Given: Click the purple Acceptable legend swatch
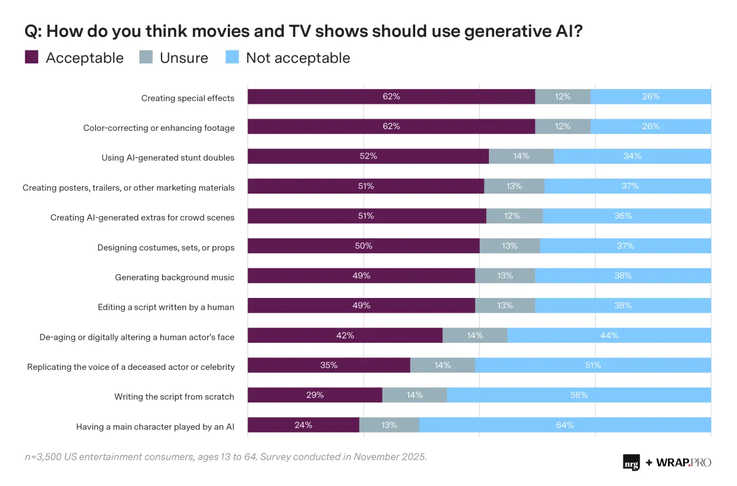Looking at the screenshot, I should tap(32, 58).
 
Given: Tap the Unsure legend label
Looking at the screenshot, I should tap(184, 58).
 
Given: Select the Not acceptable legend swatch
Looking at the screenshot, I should tap(232, 58).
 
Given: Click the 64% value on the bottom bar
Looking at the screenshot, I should tap(565, 425).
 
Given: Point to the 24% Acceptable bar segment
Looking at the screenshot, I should tap(303, 425).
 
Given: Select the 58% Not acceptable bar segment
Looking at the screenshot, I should tap(579, 395).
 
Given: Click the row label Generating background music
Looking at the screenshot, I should tap(174, 277).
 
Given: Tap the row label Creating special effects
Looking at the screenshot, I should tap(187, 98).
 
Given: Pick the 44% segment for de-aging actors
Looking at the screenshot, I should tap(609, 335).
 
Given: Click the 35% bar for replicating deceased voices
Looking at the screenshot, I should tap(329, 365).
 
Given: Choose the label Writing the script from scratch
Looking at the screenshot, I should tap(174, 396).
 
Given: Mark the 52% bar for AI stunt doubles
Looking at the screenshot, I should tap(368, 156).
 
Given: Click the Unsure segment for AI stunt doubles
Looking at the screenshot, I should tap(521, 156).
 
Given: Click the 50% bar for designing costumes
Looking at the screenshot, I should tap(364, 246).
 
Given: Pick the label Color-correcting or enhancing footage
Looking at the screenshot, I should tap(158, 128).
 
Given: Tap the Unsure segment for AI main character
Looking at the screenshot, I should tap(389, 425).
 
